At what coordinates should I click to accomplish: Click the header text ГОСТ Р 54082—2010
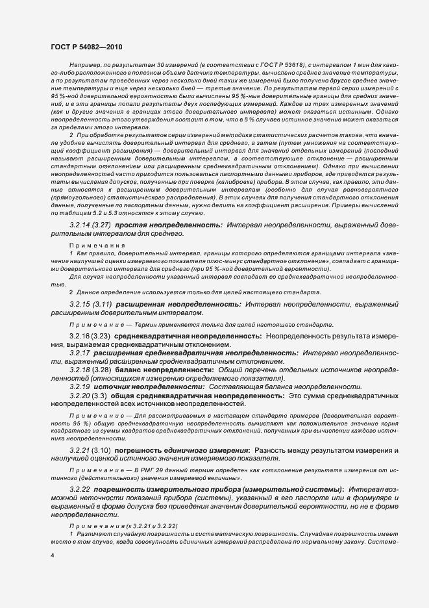[86, 47]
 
